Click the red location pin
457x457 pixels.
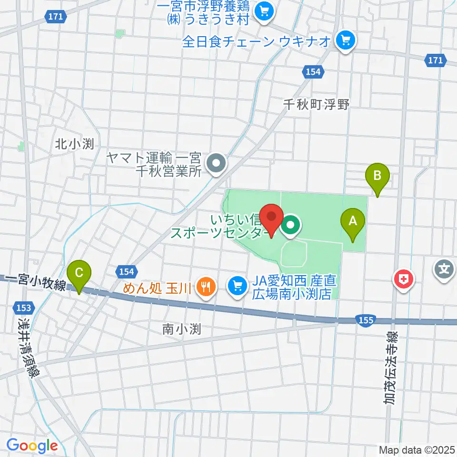click(x=272, y=219)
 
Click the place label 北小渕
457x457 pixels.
click(x=74, y=144)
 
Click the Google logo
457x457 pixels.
click(x=32, y=446)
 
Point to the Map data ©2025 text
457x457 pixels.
click(x=417, y=449)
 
